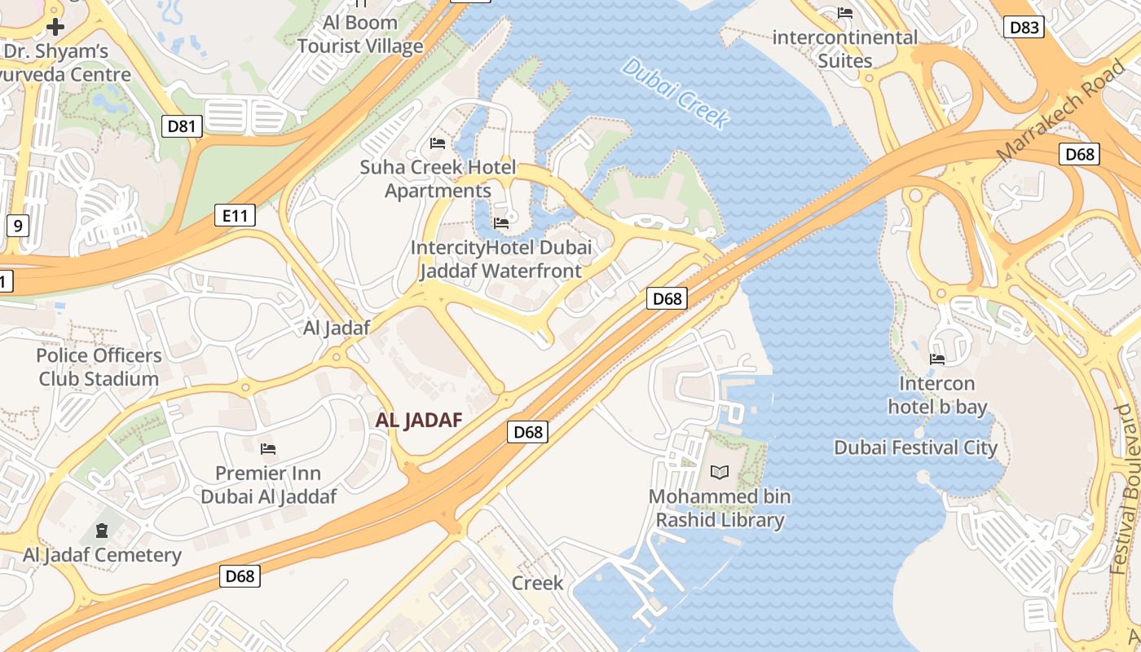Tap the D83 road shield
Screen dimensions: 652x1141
(1024, 27)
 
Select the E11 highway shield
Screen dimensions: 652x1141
(235, 216)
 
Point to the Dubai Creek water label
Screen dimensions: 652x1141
(675, 93)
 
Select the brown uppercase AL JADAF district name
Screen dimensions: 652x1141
(419, 421)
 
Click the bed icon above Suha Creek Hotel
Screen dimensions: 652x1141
(438, 143)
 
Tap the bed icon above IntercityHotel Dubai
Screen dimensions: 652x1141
(501, 222)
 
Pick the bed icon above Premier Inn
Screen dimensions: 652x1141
(267, 448)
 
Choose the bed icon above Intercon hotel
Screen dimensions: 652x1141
(937, 359)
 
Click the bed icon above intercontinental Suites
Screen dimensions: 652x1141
(845, 13)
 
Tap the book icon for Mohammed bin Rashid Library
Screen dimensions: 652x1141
(720, 472)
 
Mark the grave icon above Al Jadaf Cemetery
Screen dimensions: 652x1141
(101, 531)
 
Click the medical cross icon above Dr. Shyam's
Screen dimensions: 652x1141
(55, 27)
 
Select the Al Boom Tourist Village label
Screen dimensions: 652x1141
(360, 34)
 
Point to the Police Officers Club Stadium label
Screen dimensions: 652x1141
(99, 367)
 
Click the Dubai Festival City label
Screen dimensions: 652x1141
(915, 447)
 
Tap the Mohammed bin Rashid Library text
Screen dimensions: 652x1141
(720, 508)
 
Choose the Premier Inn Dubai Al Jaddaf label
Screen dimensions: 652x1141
(268, 485)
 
